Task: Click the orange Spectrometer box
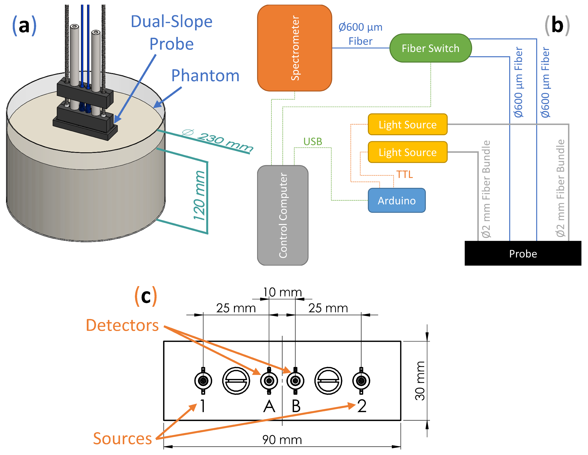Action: point(295,48)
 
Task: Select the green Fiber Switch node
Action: point(430,48)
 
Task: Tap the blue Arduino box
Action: point(397,200)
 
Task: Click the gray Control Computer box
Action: point(283,215)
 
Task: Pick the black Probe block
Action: point(523,253)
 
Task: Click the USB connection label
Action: point(313,141)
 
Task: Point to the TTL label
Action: point(404,174)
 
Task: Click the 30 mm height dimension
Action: point(420,381)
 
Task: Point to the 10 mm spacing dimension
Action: point(282,292)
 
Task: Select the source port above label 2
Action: point(361,381)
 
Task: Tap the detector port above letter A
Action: point(269,381)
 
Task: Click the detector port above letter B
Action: point(295,381)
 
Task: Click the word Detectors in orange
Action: point(122,325)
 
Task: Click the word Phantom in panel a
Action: point(205,75)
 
